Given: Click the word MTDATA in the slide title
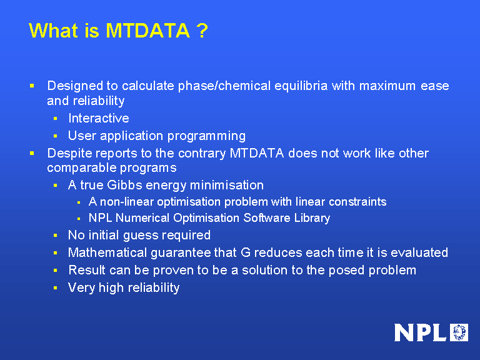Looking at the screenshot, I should (x=147, y=31).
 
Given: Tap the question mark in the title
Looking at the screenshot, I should (x=201, y=31).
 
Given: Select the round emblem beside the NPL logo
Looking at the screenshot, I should (x=459, y=332).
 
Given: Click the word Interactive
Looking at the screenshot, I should (x=98, y=118).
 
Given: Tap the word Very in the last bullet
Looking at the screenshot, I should (x=81, y=287).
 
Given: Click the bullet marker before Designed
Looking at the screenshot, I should (x=32, y=85).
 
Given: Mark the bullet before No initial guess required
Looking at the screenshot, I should (x=55, y=236).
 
